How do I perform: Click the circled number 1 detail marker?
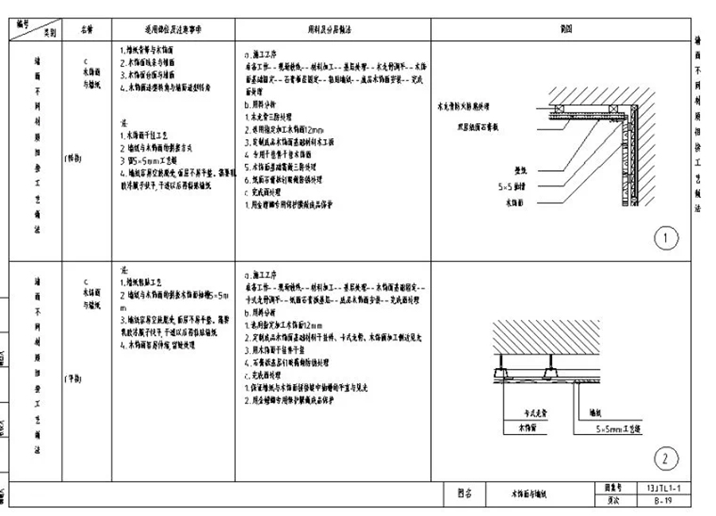666,238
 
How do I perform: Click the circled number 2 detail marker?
666,458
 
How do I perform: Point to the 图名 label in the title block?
465,493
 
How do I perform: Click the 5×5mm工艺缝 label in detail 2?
620,428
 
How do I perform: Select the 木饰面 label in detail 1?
517,204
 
